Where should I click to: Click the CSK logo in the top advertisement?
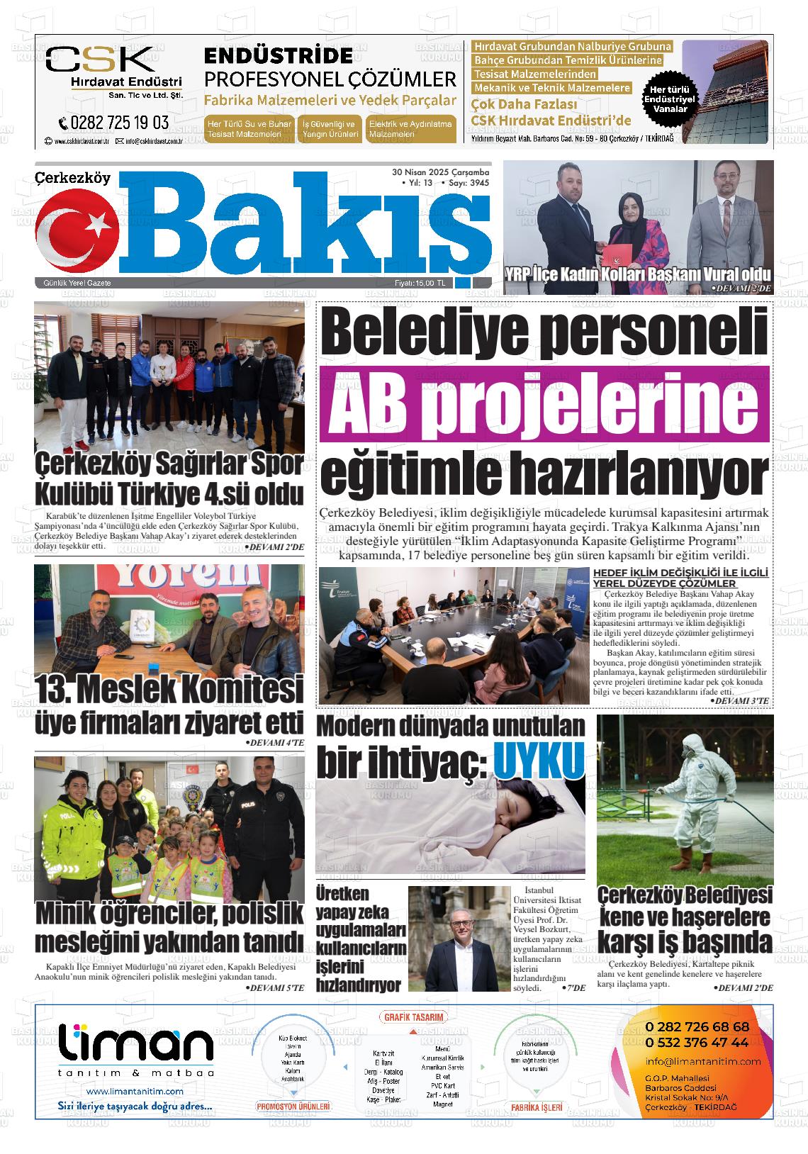coord(99,60)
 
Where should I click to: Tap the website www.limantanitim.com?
coord(135,1091)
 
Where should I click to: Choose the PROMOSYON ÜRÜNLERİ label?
coord(293,1106)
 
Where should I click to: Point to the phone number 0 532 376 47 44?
coord(697,1042)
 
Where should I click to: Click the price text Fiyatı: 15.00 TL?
coord(420,284)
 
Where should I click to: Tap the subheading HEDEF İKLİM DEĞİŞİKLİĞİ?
coord(680,573)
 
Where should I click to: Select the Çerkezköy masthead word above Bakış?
coord(73,178)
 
